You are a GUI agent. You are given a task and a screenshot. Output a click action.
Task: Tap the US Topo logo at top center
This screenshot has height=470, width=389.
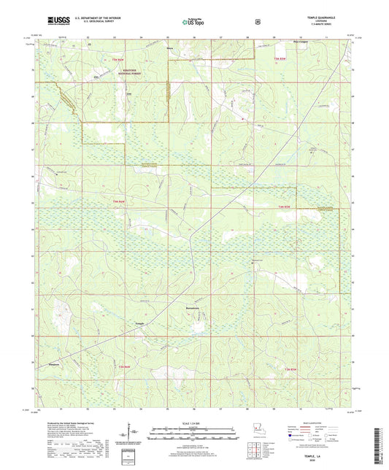pos(193,22)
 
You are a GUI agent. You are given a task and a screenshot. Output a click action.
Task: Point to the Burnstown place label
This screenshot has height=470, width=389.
pos(191,309)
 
